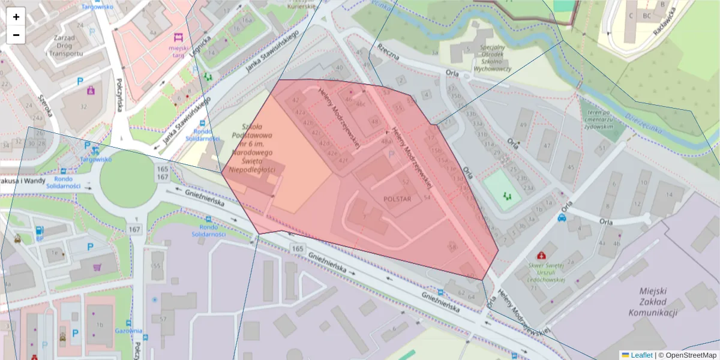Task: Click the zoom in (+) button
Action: (x=16, y=17)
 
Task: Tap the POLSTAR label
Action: (x=397, y=199)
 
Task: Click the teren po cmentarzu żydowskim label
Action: (x=604, y=119)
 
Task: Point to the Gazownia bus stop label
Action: (x=129, y=331)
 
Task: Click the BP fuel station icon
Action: (x=40, y=230)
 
